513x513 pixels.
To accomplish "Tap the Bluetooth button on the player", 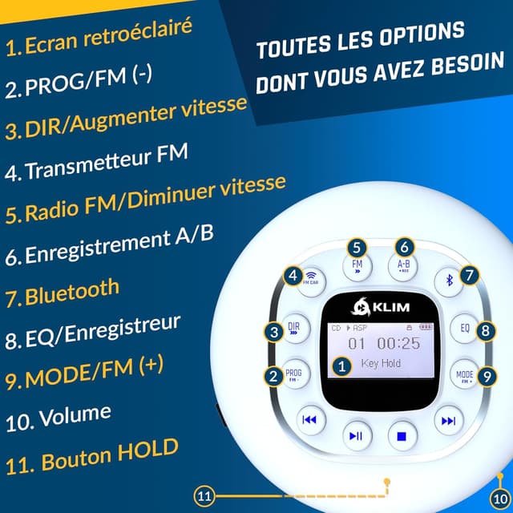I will [x=449, y=280].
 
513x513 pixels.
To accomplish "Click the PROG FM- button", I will [x=294, y=374].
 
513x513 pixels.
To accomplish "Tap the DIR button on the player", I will [x=294, y=328].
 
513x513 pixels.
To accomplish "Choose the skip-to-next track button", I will [x=449, y=420].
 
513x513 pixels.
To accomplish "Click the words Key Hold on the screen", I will [x=381, y=363].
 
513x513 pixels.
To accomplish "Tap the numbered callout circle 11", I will [x=204, y=496].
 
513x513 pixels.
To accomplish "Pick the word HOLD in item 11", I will [x=147, y=451].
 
